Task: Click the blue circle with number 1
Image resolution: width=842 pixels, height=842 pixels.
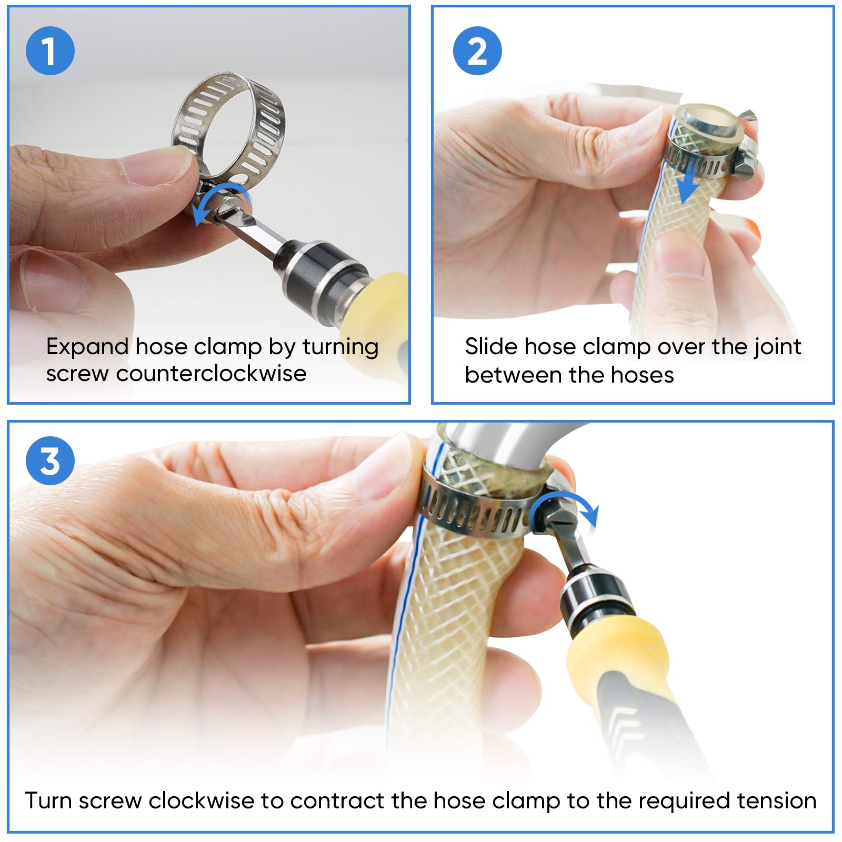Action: click(50, 51)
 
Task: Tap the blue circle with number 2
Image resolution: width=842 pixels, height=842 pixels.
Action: click(477, 51)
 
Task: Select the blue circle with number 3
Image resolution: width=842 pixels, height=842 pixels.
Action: click(50, 460)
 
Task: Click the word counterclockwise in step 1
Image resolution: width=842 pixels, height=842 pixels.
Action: click(211, 374)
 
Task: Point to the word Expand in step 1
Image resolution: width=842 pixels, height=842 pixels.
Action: click(87, 347)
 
